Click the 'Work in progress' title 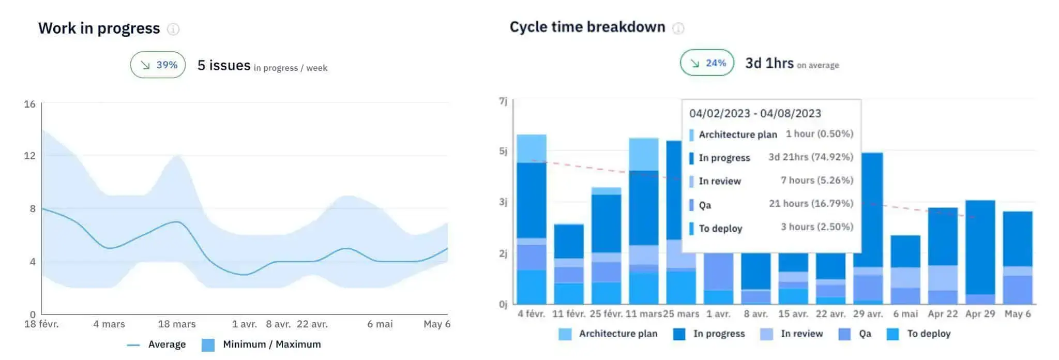pos(99,28)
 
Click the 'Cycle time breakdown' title pos(587,27)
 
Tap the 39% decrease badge pos(158,65)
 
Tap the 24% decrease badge pos(707,63)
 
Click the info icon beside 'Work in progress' pos(173,29)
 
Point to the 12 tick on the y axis pos(30,156)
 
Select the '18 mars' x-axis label pos(177,324)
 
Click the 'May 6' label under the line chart pos(436,324)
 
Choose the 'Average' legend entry pos(167,344)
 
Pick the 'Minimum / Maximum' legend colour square pos(208,345)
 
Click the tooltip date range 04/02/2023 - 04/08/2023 pos(755,113)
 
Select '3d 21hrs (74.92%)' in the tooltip pos(810,157)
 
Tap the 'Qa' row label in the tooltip pos(705,205)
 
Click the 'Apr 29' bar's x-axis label pos(980,314)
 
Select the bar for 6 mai pos(905,269)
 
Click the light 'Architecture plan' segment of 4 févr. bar pos(532,148)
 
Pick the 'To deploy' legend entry pos(928,334)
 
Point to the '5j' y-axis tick pos(503,151)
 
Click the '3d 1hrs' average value pos(769,63)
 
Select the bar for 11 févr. pos(569,264)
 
